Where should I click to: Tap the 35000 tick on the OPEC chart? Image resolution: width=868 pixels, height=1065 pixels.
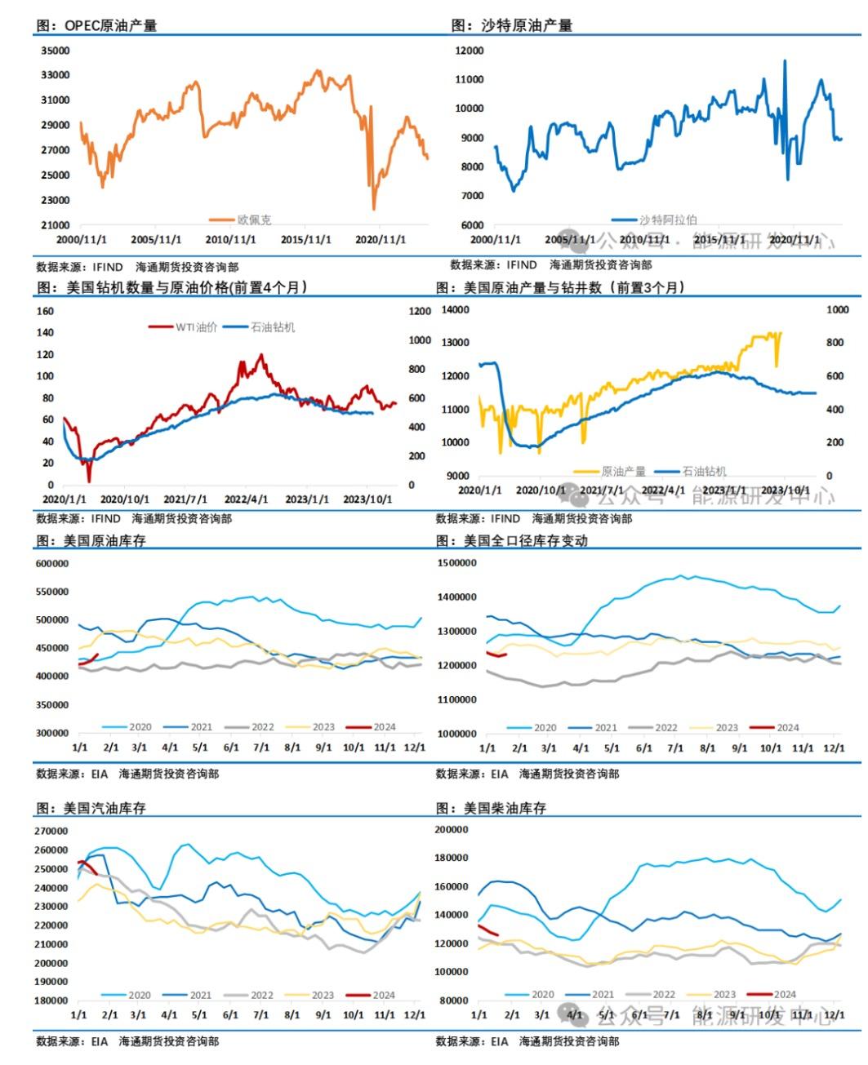click(55, 51)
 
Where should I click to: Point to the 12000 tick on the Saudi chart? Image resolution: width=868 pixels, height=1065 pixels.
click(470, 51)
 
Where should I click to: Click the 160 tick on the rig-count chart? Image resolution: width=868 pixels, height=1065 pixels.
click(45, 311)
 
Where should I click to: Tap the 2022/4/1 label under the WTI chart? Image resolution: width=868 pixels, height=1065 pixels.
click(247, 499)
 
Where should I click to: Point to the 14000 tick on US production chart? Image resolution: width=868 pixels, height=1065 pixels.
click(455, 310)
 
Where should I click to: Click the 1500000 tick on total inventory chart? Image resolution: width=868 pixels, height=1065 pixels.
click(456, 563)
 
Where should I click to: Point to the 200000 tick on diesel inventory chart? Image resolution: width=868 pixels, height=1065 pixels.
click(452, 830)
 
